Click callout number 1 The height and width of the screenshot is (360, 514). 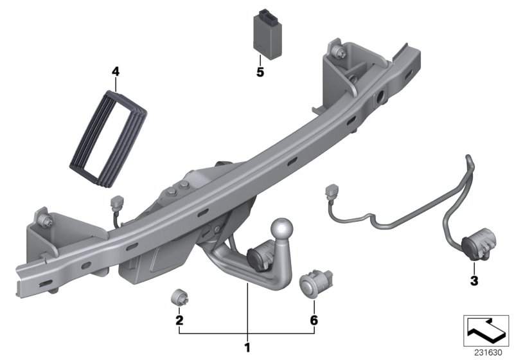[246, 348]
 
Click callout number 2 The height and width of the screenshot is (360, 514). [179, 319]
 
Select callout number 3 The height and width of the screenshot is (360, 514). [474, 280]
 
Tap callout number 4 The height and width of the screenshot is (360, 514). [116, 71]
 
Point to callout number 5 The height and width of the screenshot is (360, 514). [260, 73]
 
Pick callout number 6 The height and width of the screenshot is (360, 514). [314, 319]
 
